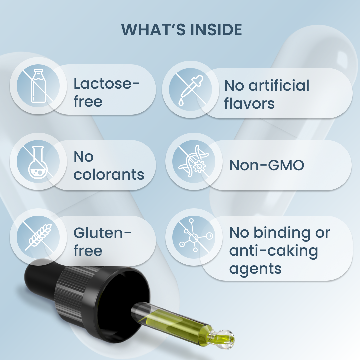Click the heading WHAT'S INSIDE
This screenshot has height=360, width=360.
(181, 30)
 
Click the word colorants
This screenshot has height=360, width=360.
(109, 174)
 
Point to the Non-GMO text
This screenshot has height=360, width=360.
(267, 165)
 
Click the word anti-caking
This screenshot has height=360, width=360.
(274, 250)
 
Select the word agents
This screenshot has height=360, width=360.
(255, 269)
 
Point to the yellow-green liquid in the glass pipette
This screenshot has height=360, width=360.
(180, 320)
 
